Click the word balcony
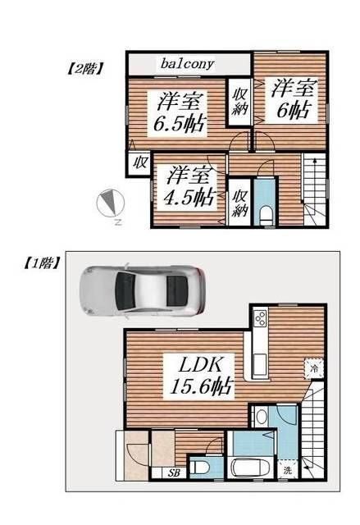(x=187, y=63)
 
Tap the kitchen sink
(x=259, y=362)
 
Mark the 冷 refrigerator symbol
(x=315, y=369)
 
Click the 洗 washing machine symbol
(x=288, y=471)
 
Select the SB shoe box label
(x=174, y=472)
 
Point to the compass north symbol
(x=109, y=203)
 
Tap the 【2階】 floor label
(x=84, y=69)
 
